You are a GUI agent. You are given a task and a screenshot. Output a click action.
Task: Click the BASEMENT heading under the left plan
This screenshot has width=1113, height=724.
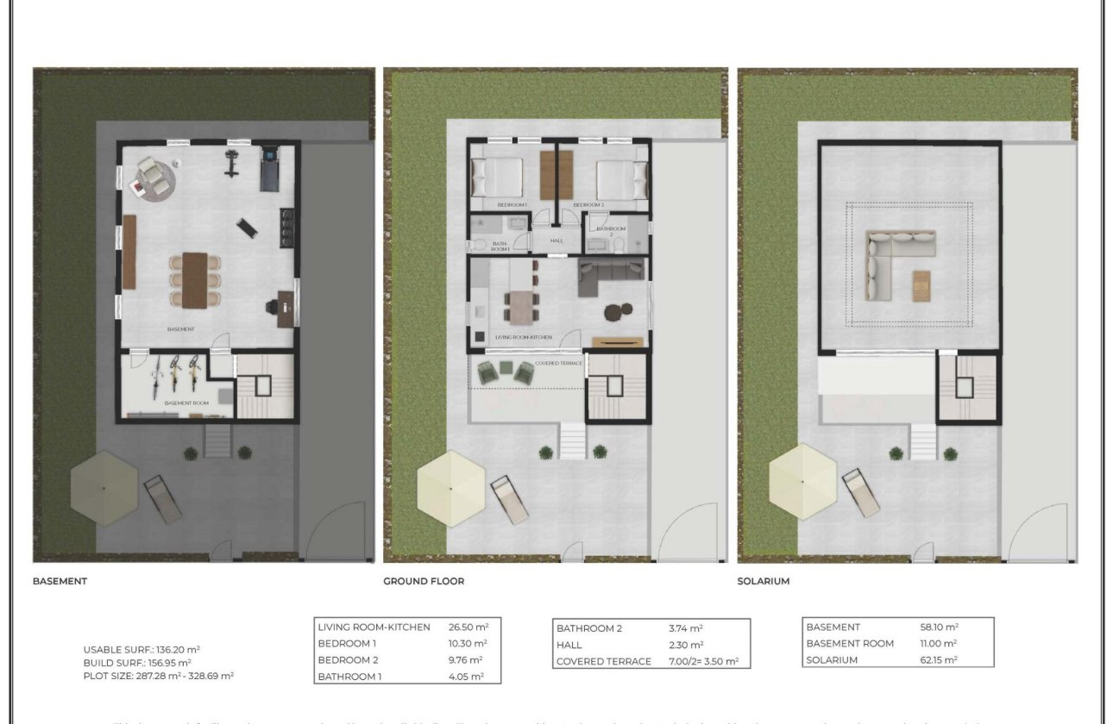(60, 581)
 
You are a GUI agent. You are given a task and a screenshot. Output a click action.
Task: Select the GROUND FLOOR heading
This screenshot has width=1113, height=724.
(424, 581)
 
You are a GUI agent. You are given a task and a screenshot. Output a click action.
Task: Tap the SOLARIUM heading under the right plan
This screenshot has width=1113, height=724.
(763, 581)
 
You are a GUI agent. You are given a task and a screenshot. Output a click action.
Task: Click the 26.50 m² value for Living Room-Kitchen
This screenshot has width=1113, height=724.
(468, 627)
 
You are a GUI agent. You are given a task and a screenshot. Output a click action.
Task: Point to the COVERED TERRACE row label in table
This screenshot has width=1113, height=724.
(603, 661)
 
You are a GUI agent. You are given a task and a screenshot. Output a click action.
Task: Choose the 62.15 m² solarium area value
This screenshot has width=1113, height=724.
(939, 660)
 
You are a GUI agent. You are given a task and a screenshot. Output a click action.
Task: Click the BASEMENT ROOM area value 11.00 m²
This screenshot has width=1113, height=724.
(939, 644)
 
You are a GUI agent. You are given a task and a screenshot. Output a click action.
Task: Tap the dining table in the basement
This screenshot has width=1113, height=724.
(194, 280)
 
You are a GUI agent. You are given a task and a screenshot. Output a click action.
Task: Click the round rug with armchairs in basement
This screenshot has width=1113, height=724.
(154, 178)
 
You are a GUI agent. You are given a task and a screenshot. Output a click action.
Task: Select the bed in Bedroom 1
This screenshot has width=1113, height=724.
(498, 178)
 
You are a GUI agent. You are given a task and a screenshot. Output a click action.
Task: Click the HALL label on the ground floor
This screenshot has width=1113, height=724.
(556, 241)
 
